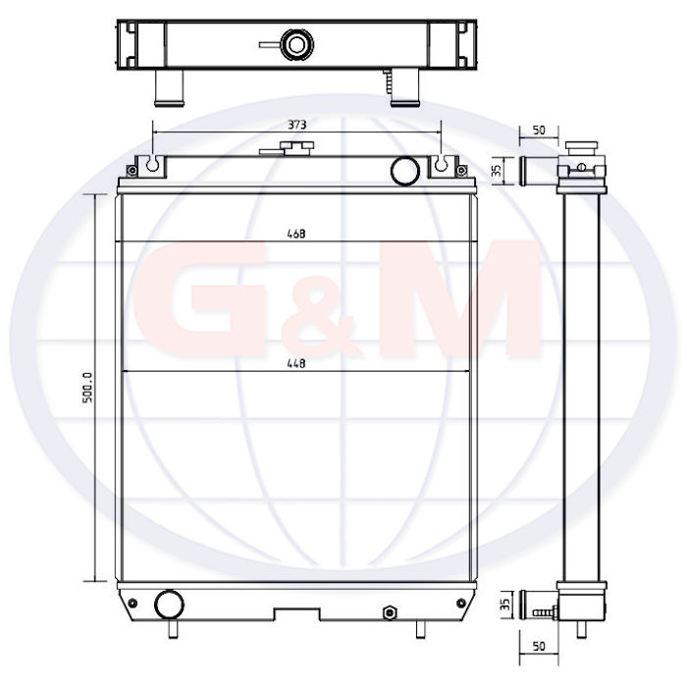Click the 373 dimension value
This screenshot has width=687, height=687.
(x=296, y=125)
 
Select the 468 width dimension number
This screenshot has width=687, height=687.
(x=296, y=234)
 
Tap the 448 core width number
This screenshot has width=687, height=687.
(x=296, y=364)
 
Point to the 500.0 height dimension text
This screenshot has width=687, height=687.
(x=87, y=388)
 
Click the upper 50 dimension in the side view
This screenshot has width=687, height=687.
(x=539, y=131)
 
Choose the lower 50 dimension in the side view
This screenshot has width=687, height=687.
(x=539, y=646)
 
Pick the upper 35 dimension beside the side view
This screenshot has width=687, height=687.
(x=497, y=171)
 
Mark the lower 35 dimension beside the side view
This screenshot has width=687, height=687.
(x=505, y=605)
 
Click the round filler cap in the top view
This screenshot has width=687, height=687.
(x=296, y=44)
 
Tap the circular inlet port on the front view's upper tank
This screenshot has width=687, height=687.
(x=404, y=171)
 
